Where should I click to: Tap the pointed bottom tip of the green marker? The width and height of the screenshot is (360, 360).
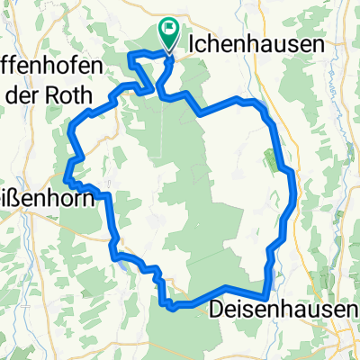[168, 47]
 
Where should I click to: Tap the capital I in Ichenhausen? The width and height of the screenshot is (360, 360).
[194, 42]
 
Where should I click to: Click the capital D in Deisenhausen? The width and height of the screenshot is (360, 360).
[216, 310]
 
